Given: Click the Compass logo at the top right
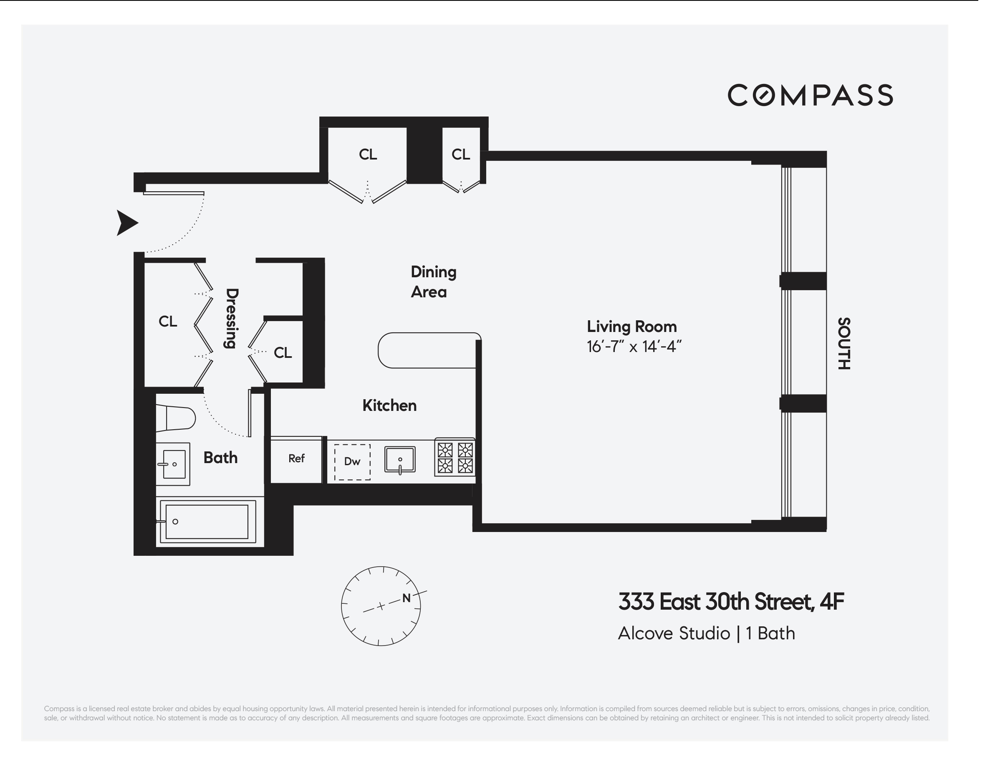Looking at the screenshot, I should point(810,95).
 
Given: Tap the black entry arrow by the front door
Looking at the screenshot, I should point(126,223).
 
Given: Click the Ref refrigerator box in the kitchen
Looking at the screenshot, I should point(296,459).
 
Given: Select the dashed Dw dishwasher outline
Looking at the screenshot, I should point(352,461).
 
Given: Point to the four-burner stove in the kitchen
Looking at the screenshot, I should point(455,458).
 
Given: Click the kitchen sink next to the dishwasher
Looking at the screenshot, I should point(400,459).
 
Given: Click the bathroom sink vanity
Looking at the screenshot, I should point(173,464).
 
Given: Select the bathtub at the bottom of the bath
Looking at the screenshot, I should point(207,522).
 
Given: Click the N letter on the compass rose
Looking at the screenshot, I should point(406,598).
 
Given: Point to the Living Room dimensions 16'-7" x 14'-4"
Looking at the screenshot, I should point(634,347).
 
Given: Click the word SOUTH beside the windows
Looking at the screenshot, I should point(843,344).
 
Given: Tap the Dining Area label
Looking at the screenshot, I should point(432,281).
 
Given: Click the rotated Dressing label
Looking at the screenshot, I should point(231,318).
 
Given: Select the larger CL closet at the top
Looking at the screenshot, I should point(368,155).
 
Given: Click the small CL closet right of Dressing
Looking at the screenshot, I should point(283,352).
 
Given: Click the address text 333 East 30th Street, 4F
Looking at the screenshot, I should point(731,602).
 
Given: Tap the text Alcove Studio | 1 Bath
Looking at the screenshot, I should point(706,633).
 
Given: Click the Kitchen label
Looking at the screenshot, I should point(389,405).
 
